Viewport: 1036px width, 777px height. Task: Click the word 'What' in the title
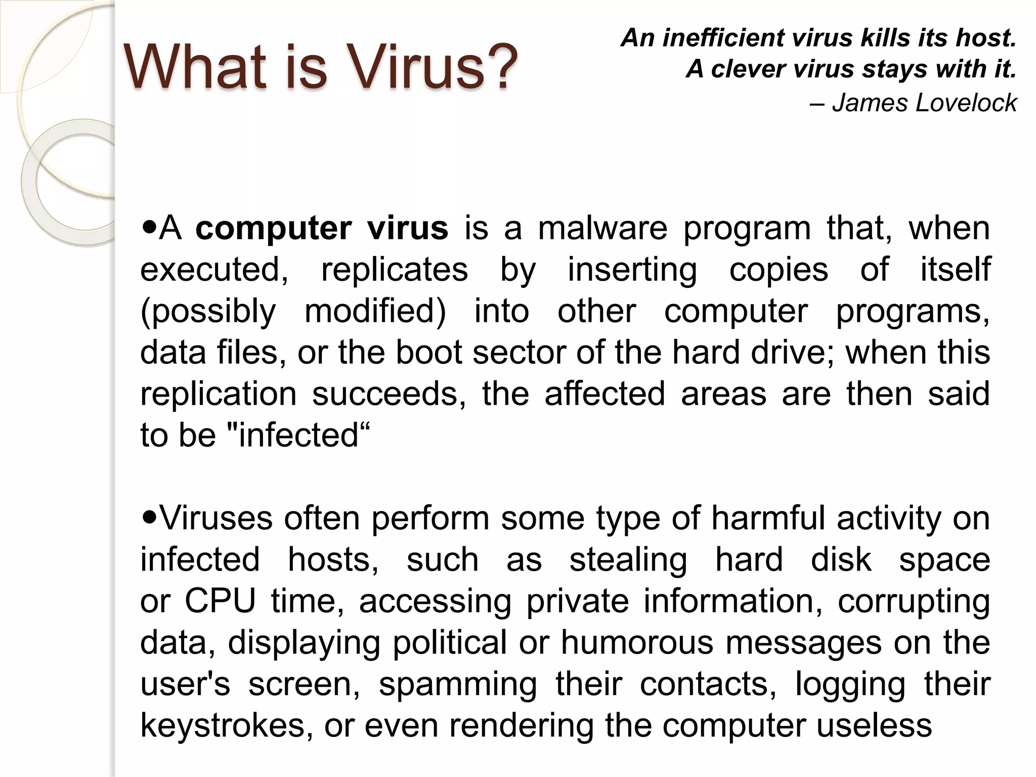coord(194,67)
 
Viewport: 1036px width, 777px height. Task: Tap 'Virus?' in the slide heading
coord(433,67)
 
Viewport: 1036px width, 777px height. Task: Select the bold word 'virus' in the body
coord(407,229)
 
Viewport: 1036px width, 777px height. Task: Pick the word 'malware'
coord(602,229)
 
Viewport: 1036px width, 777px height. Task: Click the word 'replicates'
coord(395,270)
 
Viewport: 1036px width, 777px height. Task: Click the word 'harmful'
coord(768,519)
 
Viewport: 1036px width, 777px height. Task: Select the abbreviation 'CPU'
coord(220,601)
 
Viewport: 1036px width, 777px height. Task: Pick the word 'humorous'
coord(637,643)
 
